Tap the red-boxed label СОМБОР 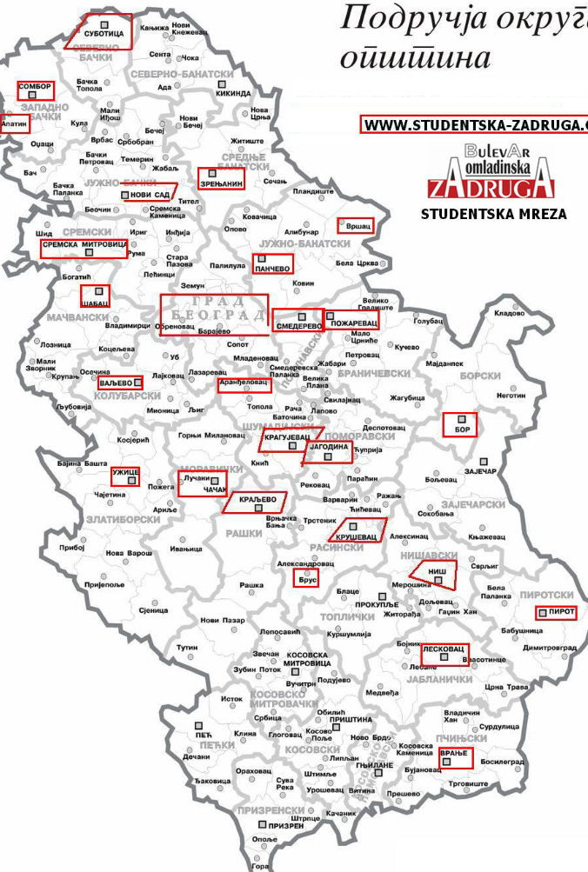(x=35, y=90)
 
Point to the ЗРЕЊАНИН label (x=221, y=183)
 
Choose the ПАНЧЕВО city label (x=272, y=269)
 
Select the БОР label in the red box (x=459, y=428)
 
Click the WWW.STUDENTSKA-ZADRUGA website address (x=474, y=124)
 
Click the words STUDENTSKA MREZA (x=493, y=213)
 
